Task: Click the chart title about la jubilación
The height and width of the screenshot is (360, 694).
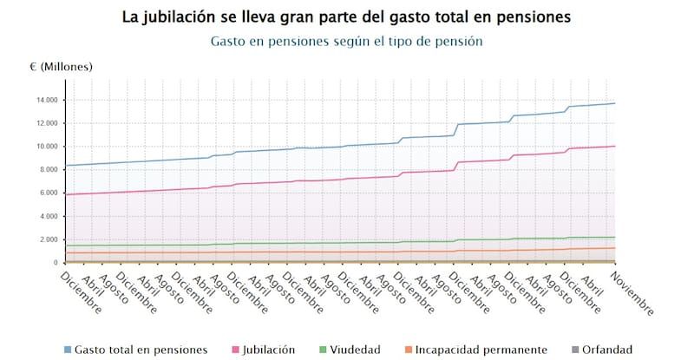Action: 347,16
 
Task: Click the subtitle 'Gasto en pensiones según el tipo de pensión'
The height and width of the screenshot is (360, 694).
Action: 347,41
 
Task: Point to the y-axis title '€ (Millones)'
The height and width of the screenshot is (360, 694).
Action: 61,67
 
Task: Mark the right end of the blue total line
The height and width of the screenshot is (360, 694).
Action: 614,103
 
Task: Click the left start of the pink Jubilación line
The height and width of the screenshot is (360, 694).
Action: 66,194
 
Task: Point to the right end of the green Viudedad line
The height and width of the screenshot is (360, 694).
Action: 614,237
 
